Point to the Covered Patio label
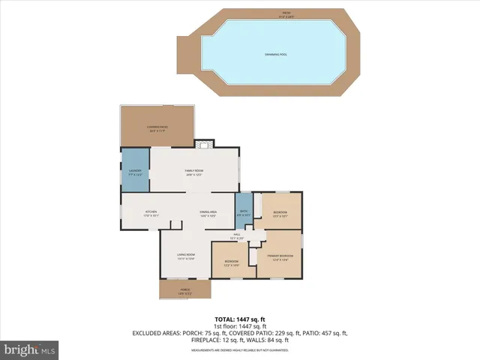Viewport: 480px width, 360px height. (x=157, y=128)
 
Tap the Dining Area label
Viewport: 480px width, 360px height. (x=208, y=214)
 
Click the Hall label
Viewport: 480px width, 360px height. (x=237, y=237)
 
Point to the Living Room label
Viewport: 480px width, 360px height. (x=186, y=257)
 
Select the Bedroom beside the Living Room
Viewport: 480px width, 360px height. (x=232, y=262)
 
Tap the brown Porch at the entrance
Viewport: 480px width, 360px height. (x=184, y=289)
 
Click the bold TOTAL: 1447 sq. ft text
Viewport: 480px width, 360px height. (x=240, y=319)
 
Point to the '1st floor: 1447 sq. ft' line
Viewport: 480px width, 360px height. (x=240, y=325)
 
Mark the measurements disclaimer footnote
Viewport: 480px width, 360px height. (x=240, y=350)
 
